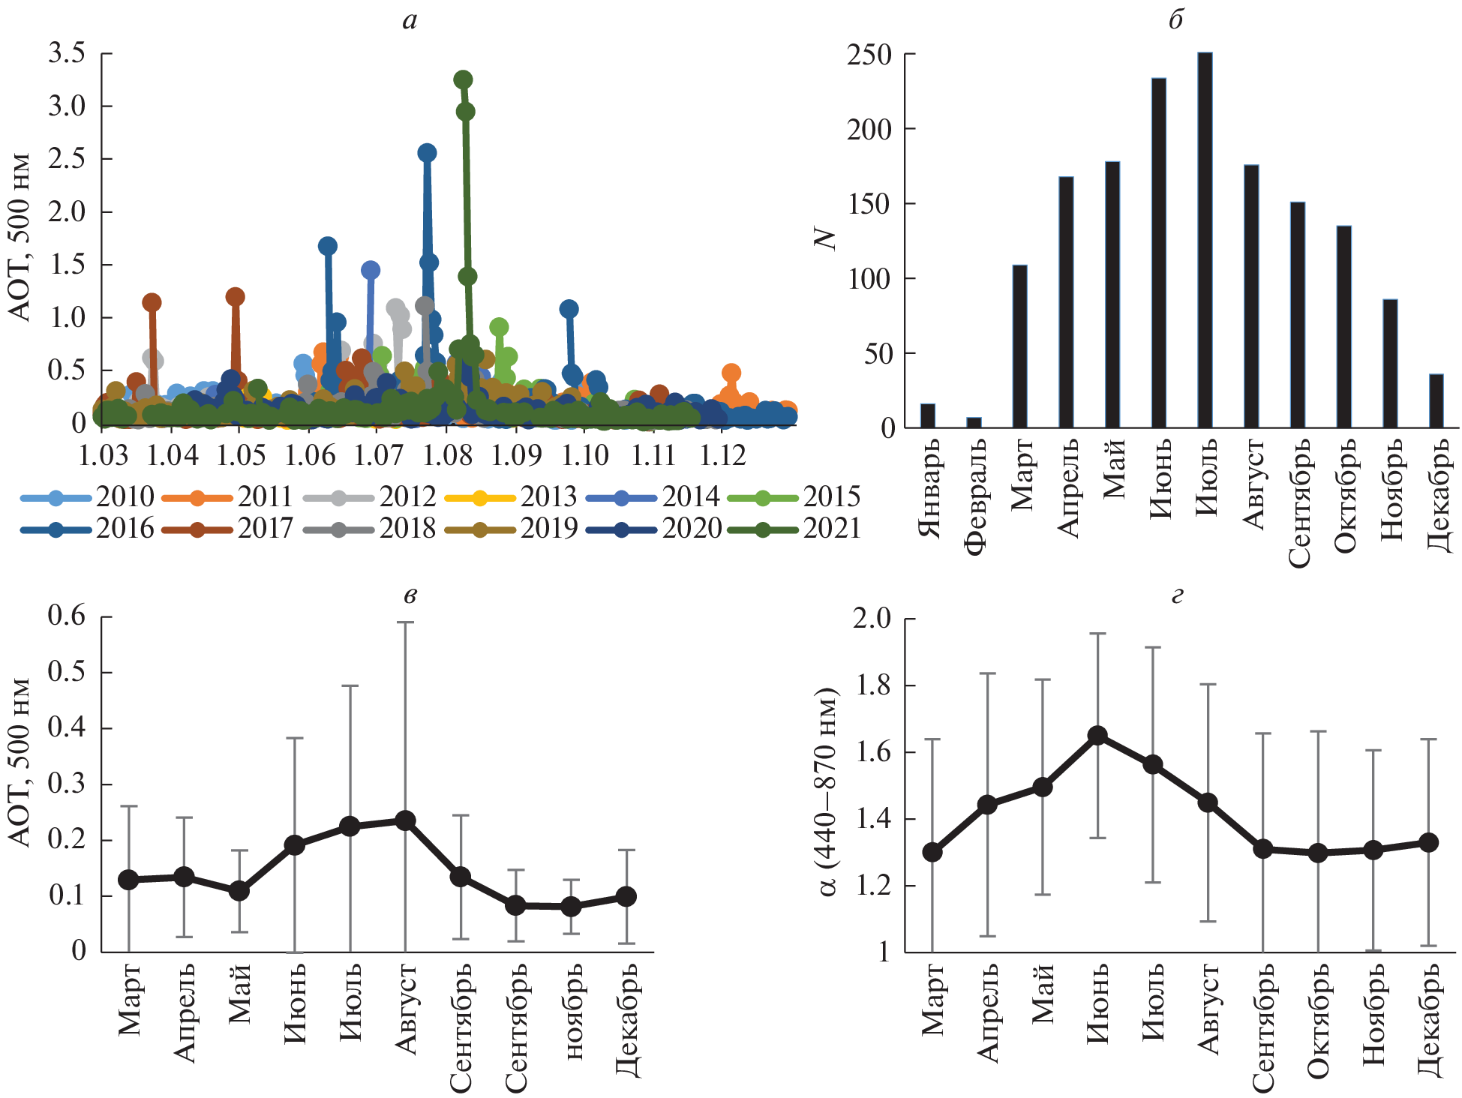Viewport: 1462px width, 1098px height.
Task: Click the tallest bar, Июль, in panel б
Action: click(x=1205, y=240)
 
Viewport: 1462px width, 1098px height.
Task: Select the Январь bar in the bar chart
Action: click(x=928, y=416)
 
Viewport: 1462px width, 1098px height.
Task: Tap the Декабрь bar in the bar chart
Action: click(x=1436, y=401)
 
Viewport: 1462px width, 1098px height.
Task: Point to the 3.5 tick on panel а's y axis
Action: click(x=67, y=53)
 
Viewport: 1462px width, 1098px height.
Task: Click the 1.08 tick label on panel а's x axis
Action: click(x=447, y=455)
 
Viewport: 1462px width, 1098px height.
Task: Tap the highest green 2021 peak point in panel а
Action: click(x=463, y=79)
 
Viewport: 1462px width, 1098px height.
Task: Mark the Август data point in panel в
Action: click(x=405, y=820)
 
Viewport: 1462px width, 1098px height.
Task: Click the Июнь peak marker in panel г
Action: click(x=1097, y=735)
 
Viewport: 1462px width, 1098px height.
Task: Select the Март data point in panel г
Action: click(x=932, y=852)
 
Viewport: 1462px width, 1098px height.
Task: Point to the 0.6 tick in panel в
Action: click(x=67, y=616)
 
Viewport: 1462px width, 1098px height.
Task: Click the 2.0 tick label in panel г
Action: click(x=872, y=619)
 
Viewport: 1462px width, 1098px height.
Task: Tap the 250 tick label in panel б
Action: click(x=869, y=55)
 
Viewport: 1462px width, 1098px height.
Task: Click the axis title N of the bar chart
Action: click(x=825, y=238)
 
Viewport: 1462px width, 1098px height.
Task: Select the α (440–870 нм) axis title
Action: click(x=828, y=791)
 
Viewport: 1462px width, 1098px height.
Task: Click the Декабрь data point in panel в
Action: click(x=626, y=896)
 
